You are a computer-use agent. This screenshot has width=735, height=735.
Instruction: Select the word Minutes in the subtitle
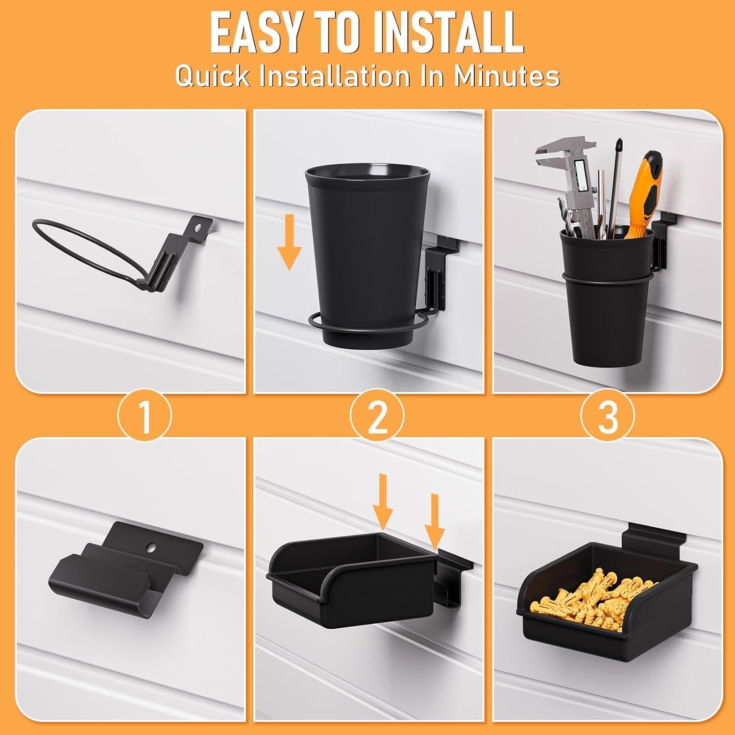coord(506,76)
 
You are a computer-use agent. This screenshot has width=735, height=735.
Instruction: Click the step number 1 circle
coord(144,416)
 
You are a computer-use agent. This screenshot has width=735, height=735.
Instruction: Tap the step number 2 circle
coord(377,416)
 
